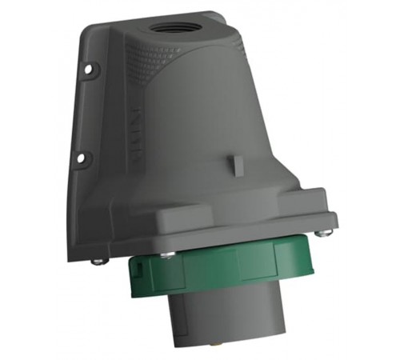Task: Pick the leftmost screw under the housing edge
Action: (x=98, y=260)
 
